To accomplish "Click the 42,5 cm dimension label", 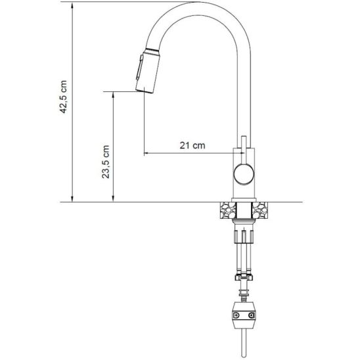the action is pyautogui.click(x=63, y=97).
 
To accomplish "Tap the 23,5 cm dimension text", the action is pyautogui.click(x=106, y=162).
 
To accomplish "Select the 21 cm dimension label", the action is pyautogui.click(x=192, y=145).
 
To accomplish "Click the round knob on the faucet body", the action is pyautogui.click(x=244, y=174).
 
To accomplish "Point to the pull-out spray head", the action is pyautogui.click(x=147, y=71).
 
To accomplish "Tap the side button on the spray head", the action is pyautogui.click(x=139, y=67).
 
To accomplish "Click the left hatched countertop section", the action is pyautogui.click(x=228, y=210).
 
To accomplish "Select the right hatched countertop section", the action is pyautogui.click(x=259, y=210).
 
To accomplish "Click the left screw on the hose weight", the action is pyautogui.click(x=236, y=315).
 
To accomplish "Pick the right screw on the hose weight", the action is pyautogui.click(x=252, y=315).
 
